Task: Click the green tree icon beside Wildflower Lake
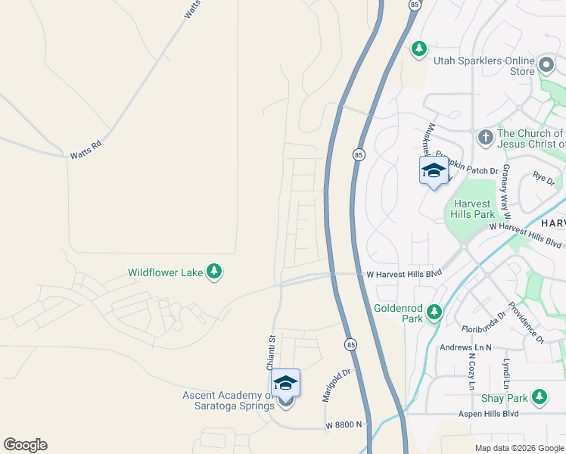tap(214, 272)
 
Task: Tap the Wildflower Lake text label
tap(166, 272)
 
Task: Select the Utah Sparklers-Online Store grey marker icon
tap(544, 62)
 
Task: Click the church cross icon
tap(485, 138)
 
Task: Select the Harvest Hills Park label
tap(474, 209)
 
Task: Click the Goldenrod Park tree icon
tap(434, 311)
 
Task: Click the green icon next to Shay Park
tap(539, 398)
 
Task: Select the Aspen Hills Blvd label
tap(488, 414)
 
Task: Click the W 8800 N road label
tap(344, 425)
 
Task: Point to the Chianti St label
tap(270, 353)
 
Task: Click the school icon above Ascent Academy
tap(285, 384)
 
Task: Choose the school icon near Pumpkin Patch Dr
tap(434, 171)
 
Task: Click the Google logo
tap(25, 445)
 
